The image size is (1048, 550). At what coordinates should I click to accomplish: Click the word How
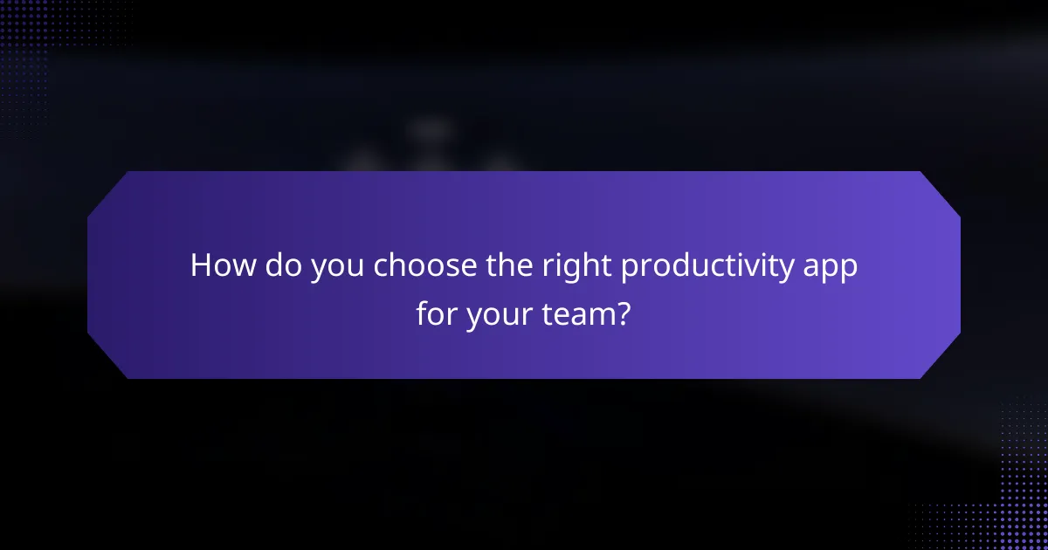pos(219,266)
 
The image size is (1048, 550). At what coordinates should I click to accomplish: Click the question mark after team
pos(623,312)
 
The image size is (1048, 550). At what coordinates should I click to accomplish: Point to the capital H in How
pos(201,266)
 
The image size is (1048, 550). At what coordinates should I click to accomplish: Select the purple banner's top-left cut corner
pos(107,190)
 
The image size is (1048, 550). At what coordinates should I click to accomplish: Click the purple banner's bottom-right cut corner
pos(941,360)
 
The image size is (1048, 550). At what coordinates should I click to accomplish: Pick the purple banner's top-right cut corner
pos(941,190)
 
